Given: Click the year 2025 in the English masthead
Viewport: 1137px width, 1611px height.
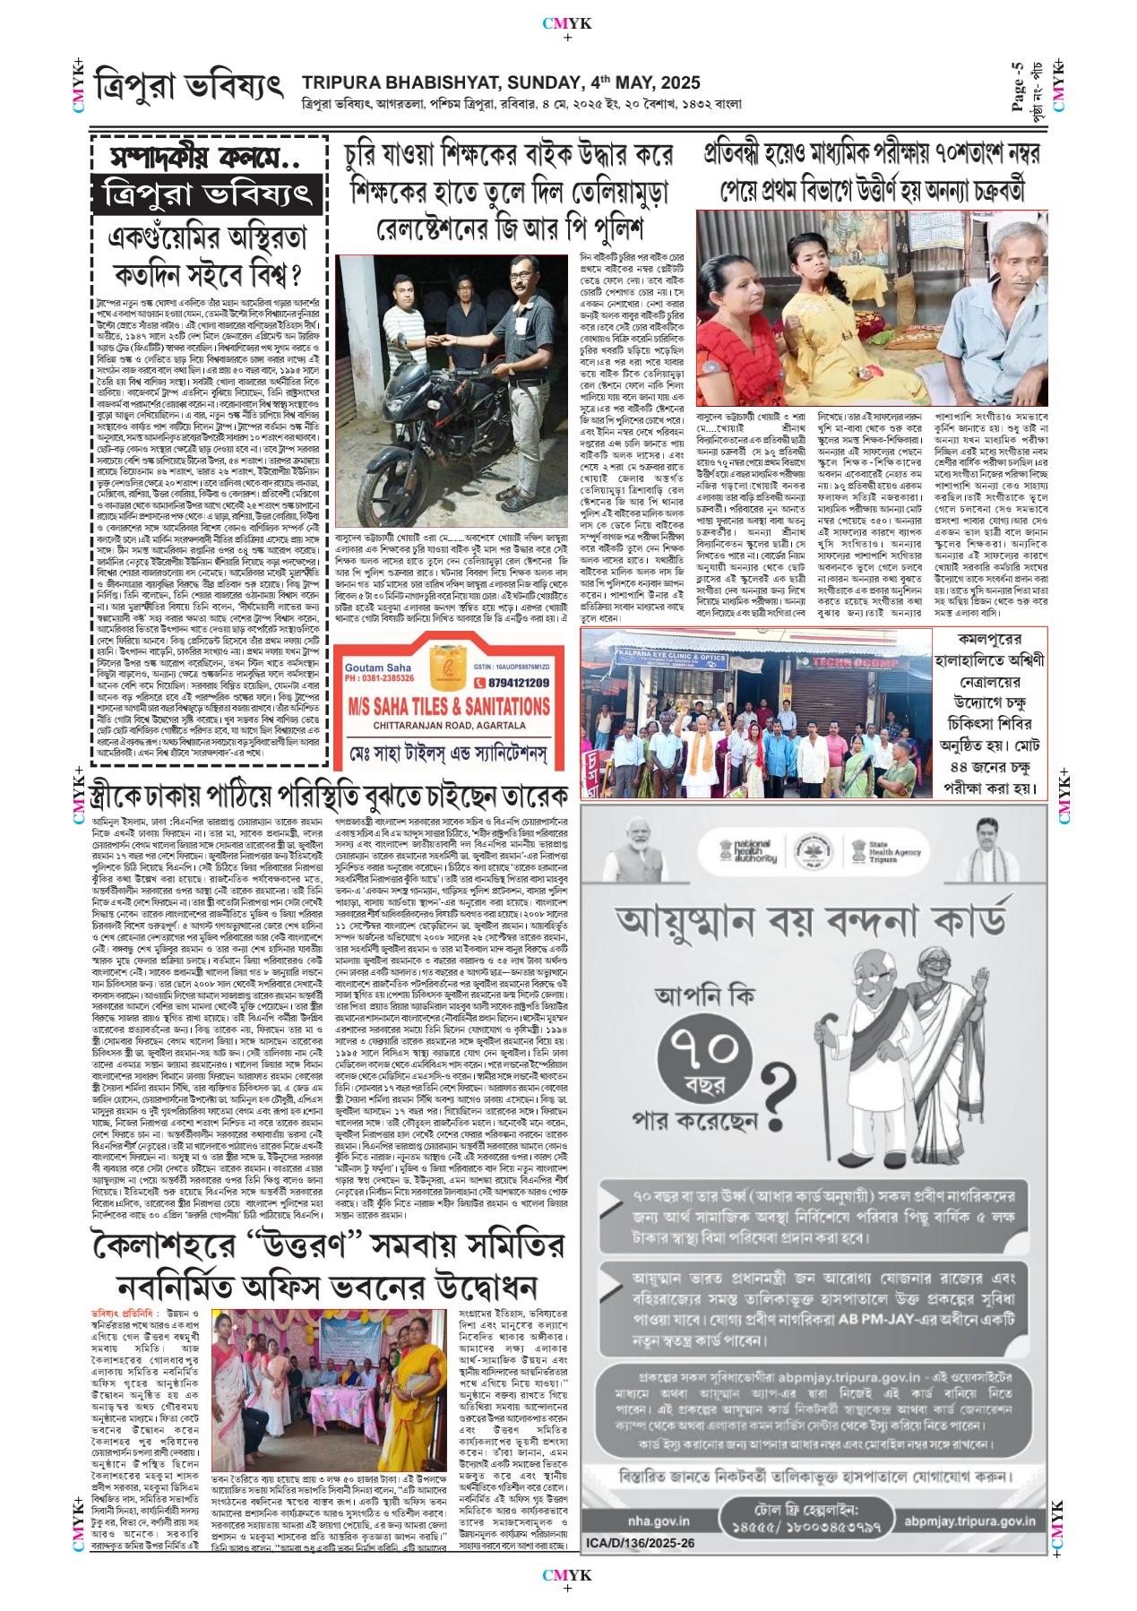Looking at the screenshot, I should coord(676,83).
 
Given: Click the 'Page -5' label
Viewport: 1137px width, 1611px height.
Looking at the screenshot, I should coord(1017,86).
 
